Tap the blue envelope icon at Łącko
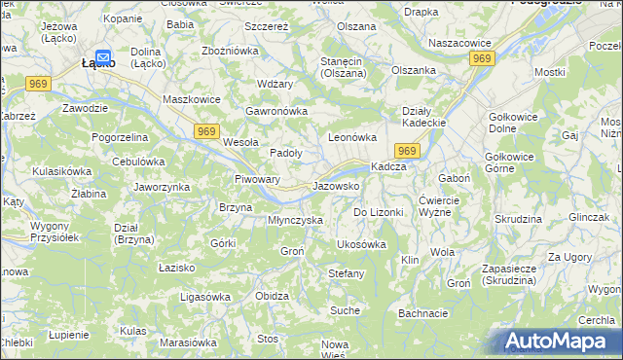tap(103, 57)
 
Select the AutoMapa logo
tap(561, 342)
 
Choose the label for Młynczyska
tap(295, 220)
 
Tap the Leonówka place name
tap(351, 137)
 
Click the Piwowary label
tap(258, 179)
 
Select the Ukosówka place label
tap(361, 244)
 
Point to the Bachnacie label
tap(422, 313)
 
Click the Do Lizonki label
tap(378, 211)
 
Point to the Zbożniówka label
tap(229, 51)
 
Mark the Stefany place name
tap(347, 273)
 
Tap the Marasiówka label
tap(187, 342)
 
